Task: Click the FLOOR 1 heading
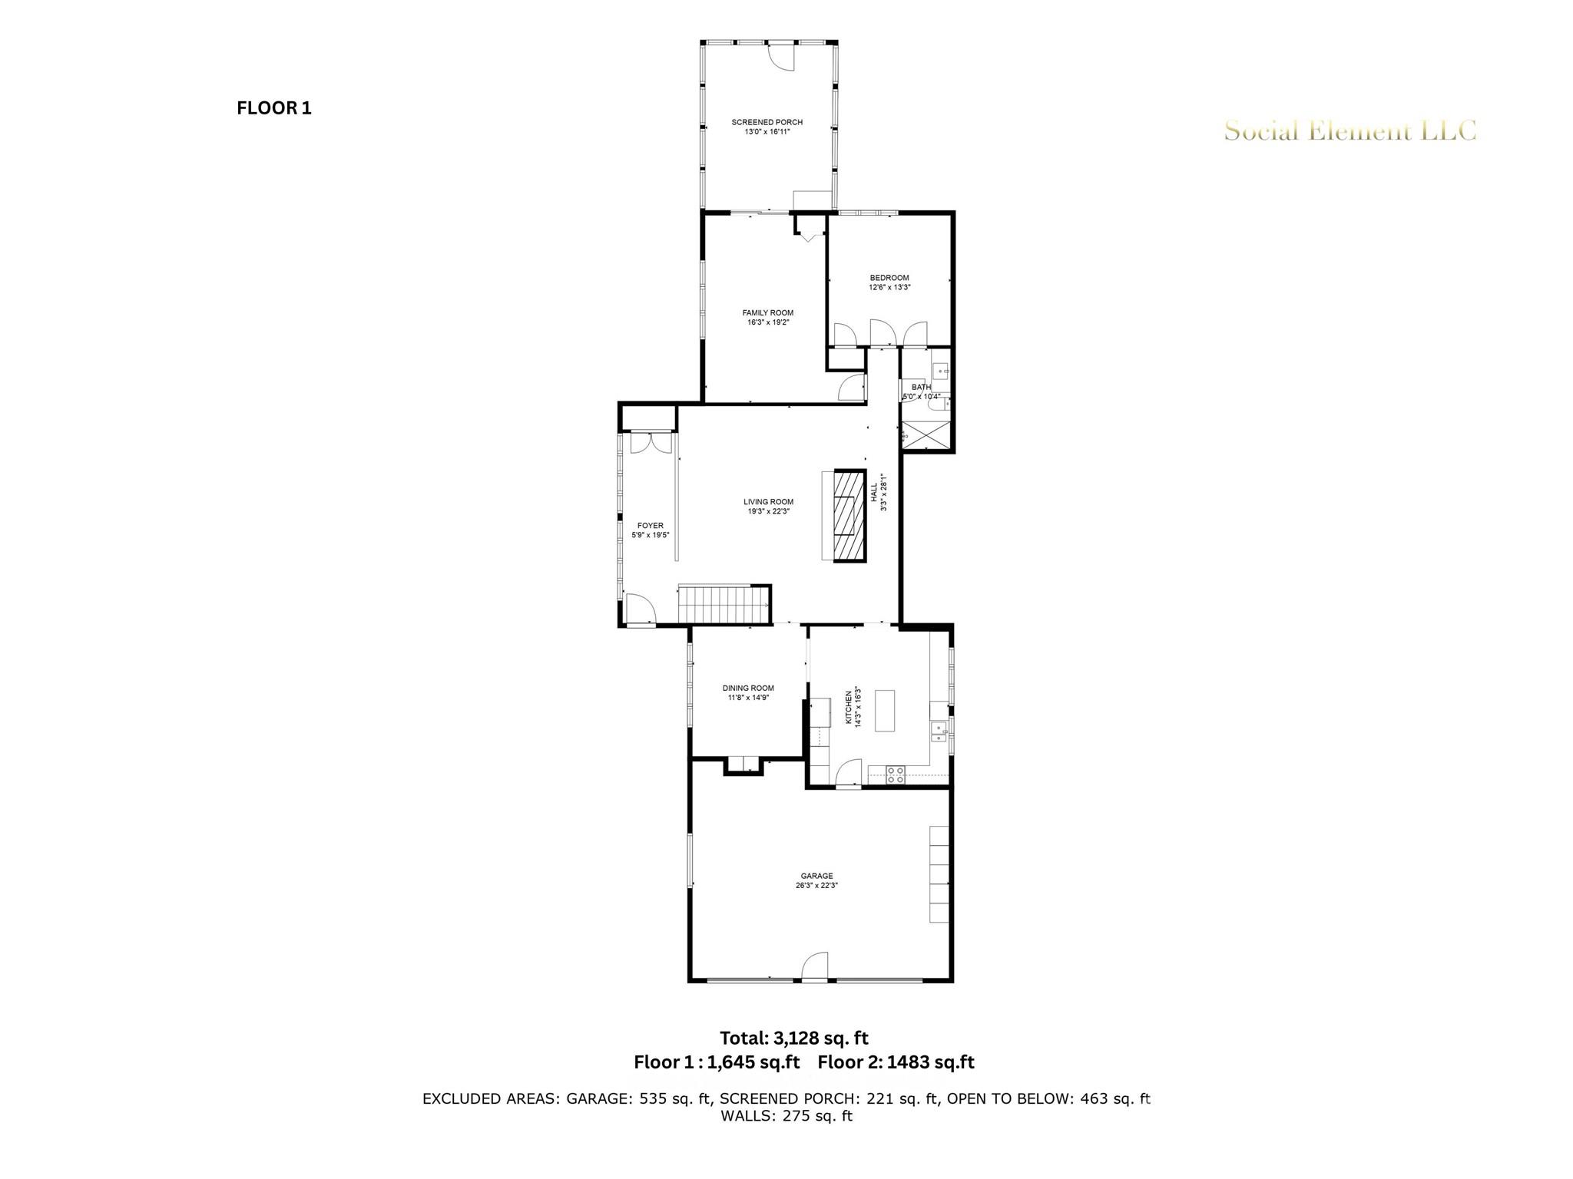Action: click(273, 108)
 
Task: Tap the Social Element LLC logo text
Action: click(1349, 131)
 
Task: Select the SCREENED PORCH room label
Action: click(767, 122)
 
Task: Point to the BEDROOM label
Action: click(889, 278)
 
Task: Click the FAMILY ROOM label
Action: click(767, 313)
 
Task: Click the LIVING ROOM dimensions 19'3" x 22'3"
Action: click(767, 511)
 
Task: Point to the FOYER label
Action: click(650, 526)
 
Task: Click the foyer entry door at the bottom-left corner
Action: click(639, 611)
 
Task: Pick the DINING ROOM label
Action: click(747, 689)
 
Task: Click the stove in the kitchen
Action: click(894, 774)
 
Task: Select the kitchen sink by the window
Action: click(938, 730)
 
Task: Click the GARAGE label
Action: click(816, 876)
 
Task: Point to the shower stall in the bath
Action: click(925, 435)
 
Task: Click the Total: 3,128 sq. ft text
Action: click(793, 1038)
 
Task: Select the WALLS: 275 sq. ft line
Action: click(786, 1116)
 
